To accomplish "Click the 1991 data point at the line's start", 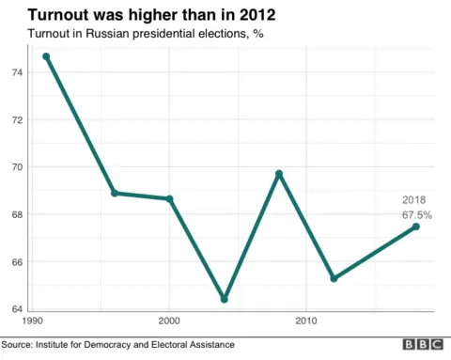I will pos(46,56).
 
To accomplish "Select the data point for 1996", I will pos(115,193).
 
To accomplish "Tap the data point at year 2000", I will pos(169,198).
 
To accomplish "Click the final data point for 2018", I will pos(416,227).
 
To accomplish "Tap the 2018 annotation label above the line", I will pos(414,200).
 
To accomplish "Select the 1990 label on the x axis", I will pos(33,321).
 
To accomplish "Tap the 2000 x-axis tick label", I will pos(169,321).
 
